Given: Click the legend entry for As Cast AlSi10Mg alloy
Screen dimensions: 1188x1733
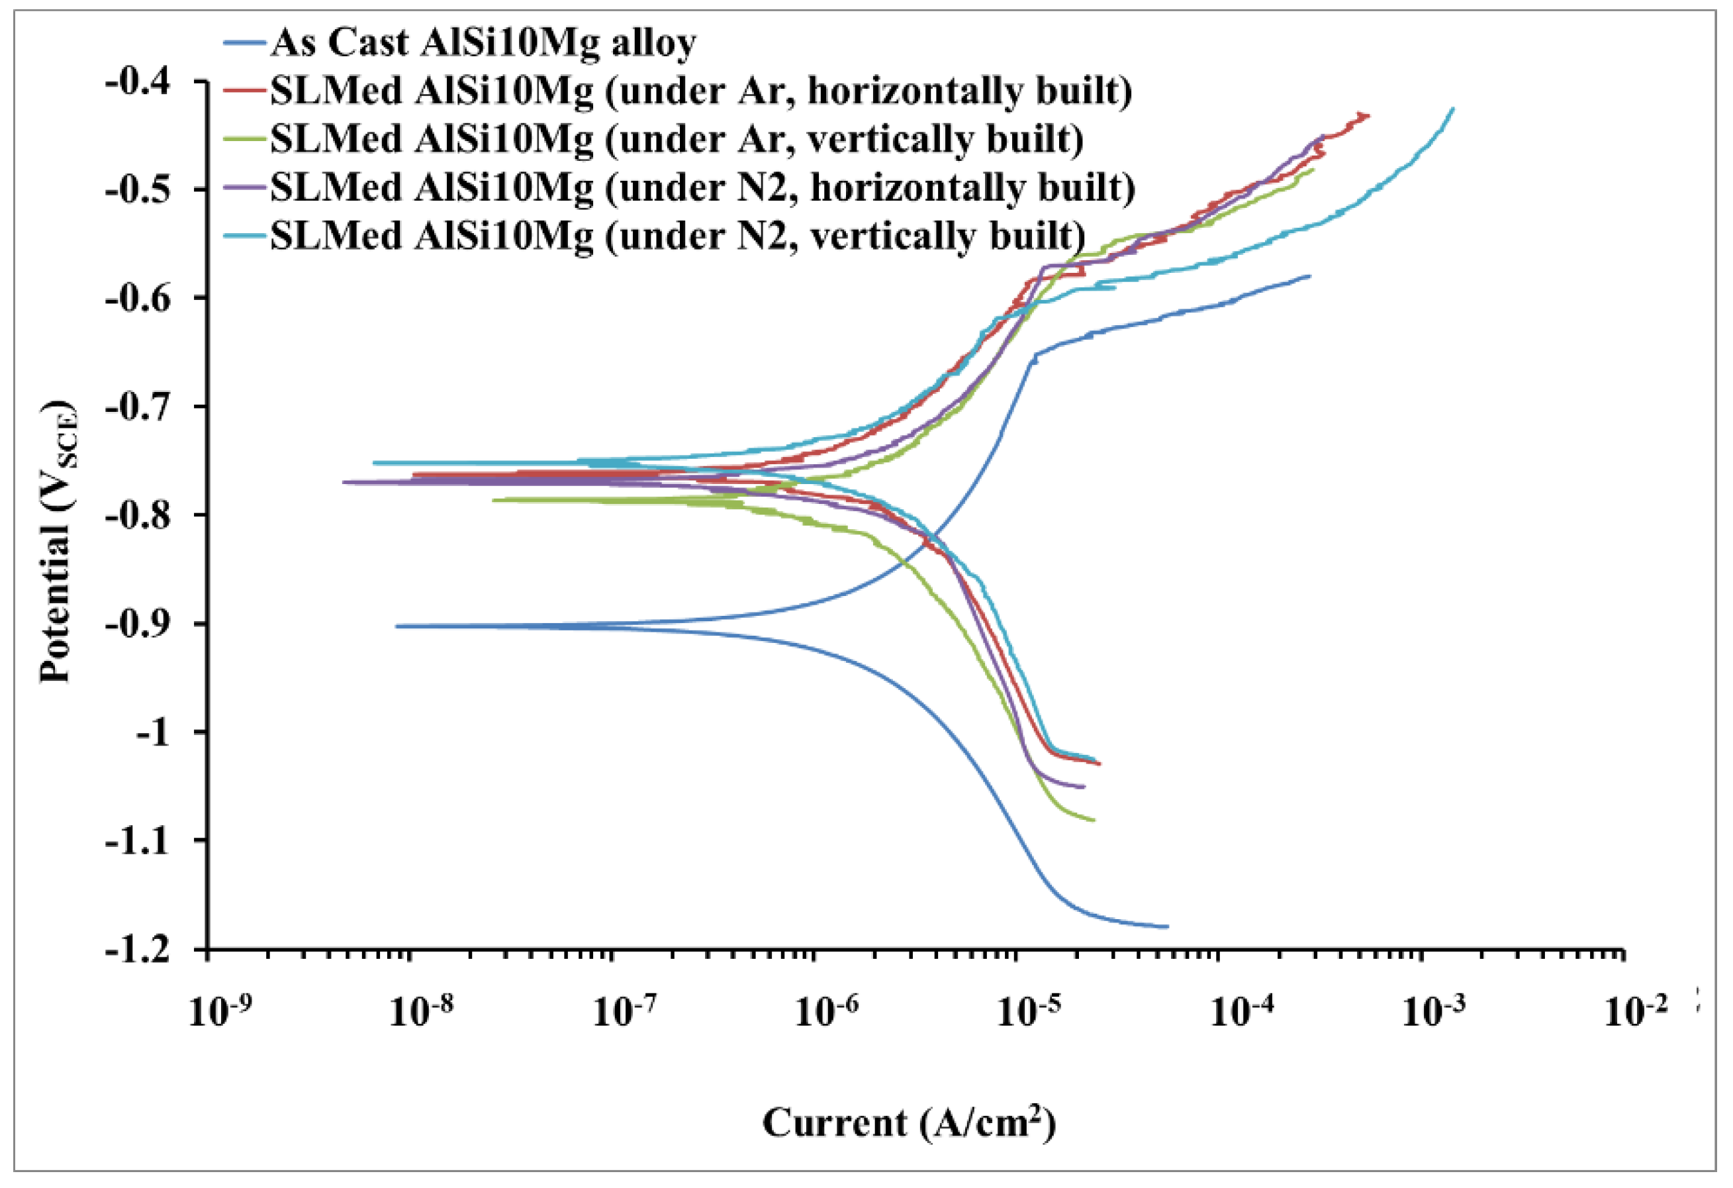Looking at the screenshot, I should coord(483,42).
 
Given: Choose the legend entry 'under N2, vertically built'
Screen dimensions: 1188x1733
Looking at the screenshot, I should coord(677,236).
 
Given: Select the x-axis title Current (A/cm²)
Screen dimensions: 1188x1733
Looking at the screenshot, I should coord(909,1123).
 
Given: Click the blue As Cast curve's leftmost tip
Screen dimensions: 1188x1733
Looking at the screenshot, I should coord(397,626).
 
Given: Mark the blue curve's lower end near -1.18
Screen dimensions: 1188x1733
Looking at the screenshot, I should coord(1167,927).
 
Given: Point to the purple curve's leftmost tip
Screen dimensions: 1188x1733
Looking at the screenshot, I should coord(344,482).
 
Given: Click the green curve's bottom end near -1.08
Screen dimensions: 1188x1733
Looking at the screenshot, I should coord(1094,820).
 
